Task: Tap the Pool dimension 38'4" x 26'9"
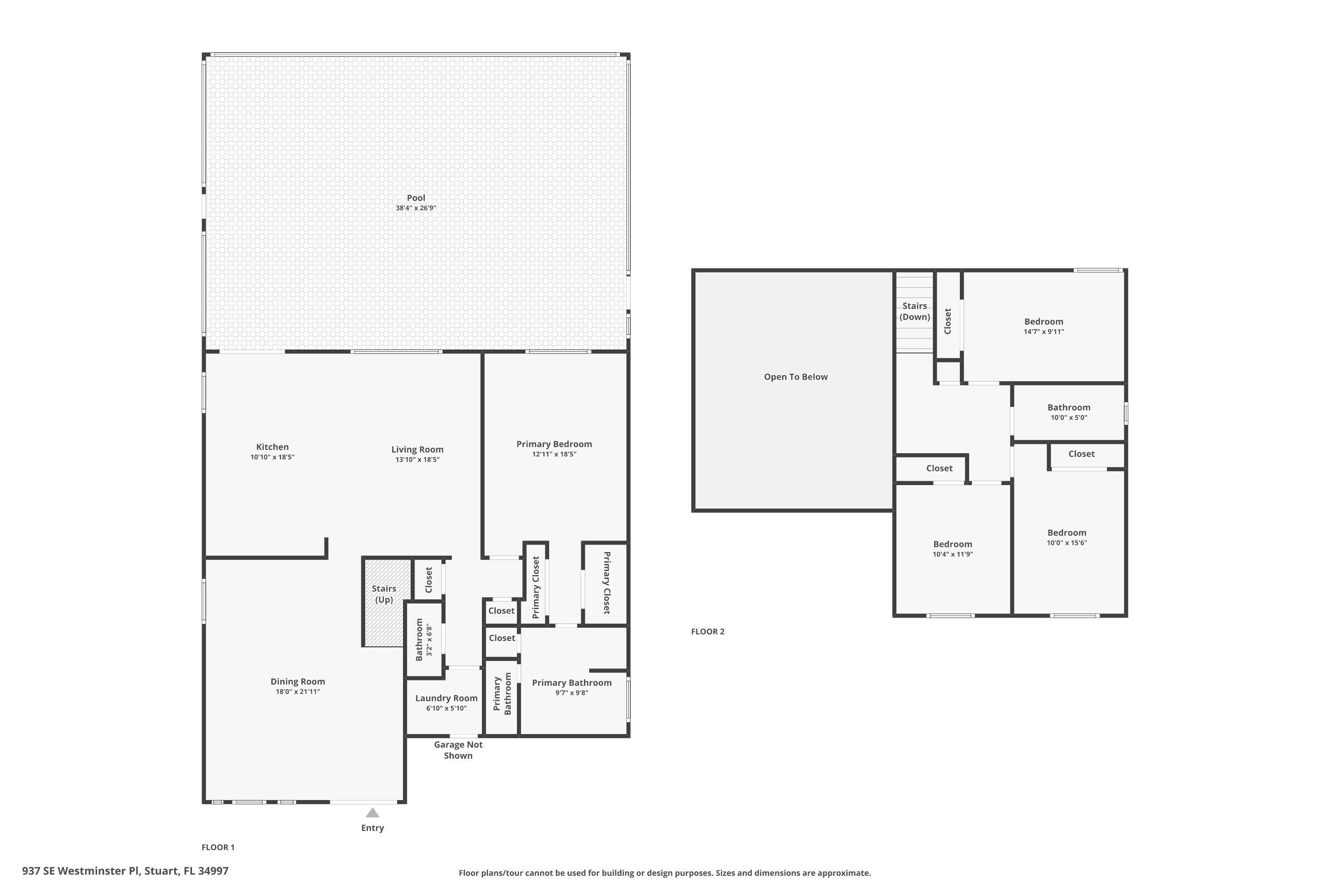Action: (x=416, y=208)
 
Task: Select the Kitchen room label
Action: (x=272, y=447)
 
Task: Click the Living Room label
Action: (x=417, y=449)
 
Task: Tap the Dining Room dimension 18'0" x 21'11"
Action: (x=297, y=692)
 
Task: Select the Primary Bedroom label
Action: (x=554, y=444)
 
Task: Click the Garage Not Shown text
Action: (x=458, y=750)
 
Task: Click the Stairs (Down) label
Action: (x=914, y=311)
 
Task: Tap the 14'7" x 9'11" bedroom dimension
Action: (x=1043, y=332)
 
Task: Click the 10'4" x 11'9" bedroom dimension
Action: (x=952, y=554)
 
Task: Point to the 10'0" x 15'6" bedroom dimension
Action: (x=1067, y=543)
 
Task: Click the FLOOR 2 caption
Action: (x=708, y=632)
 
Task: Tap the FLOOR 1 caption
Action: (x=218, y=847)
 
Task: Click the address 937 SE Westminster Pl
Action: (x=125, y=871)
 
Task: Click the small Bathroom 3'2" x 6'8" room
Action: (x=424, y=640)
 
